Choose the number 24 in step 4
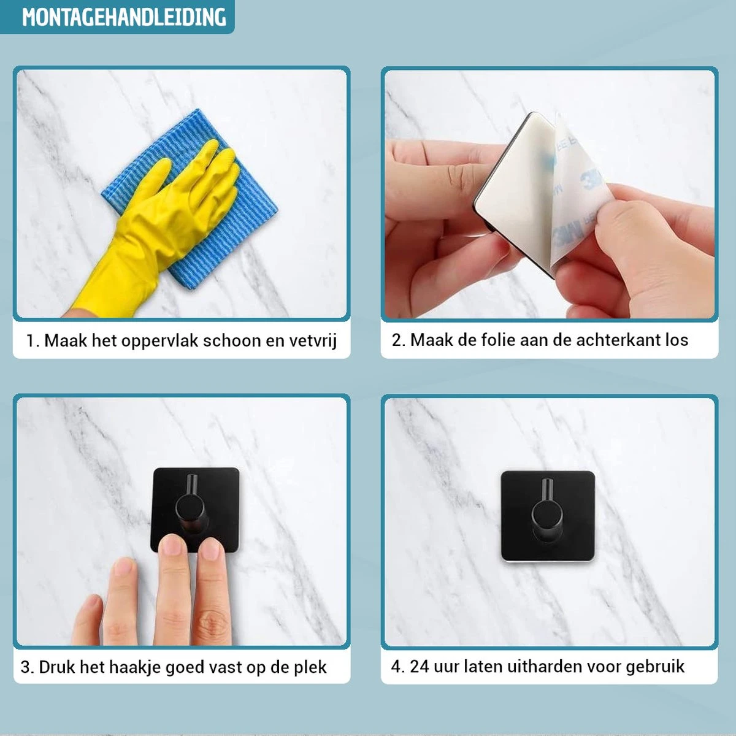point(420,666)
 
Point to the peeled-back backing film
point(580,184)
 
